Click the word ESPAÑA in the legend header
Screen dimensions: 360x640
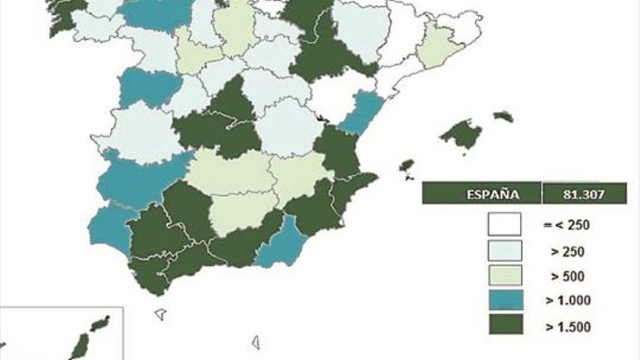(482, 193)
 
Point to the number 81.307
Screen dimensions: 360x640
(584, 193)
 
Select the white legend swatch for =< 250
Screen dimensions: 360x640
(505, 224)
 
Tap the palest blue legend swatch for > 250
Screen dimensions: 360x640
(505, 251)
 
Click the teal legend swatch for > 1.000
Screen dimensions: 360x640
(505, 300)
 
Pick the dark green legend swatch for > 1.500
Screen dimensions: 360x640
(505, 324)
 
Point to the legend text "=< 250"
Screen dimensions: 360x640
(566, 225)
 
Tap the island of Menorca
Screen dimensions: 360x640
(503, 116)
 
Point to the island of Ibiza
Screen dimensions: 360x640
(407, 166)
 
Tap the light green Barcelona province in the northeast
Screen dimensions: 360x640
(437, 45)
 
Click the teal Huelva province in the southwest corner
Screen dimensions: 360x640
(109, 227)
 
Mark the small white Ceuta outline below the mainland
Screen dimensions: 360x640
(161, 314)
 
